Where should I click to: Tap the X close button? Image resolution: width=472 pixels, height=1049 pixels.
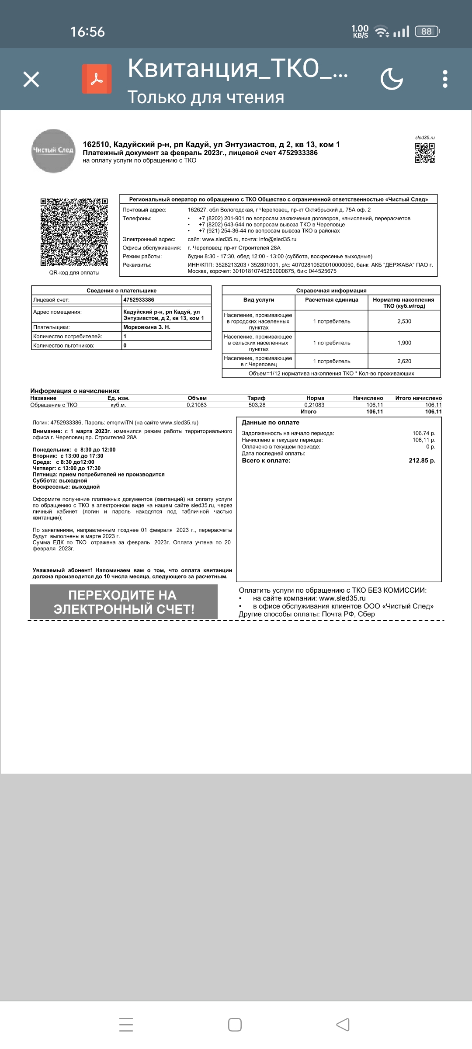point(31,80)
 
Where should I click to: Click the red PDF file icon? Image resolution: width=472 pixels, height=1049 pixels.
point(97,79)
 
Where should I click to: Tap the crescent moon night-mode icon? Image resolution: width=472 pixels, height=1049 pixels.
point(391,79)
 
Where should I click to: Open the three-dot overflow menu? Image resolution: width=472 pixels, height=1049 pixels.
point(445,79)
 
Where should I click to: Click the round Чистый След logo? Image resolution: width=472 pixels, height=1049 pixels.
point(53,151)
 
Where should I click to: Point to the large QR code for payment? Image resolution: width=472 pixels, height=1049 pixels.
point(74,232)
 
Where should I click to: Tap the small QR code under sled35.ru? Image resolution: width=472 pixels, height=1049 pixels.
point(425,153)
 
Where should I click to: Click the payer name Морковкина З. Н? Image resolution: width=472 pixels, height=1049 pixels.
point(147,327)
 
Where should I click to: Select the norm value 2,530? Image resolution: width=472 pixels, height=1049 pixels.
point(404,321)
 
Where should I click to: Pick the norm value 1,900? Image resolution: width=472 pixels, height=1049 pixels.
point(404,343)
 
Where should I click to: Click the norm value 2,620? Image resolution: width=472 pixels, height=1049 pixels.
point(404,361)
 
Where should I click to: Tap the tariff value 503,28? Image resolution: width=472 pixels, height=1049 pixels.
point(257,405)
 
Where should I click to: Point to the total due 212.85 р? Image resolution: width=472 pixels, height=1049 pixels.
point(422,460)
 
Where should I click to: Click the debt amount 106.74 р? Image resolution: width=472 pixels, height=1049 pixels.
point(423,433)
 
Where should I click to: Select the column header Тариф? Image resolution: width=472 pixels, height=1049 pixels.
point(257,398)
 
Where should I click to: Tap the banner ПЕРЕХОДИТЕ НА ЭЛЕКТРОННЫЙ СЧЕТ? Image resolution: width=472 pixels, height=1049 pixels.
point(124,602)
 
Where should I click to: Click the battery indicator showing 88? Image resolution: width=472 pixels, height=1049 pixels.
point(427,31)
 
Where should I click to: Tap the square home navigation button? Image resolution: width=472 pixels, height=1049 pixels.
point(235,1025)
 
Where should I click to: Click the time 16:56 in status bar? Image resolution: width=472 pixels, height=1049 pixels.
point(87,31)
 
